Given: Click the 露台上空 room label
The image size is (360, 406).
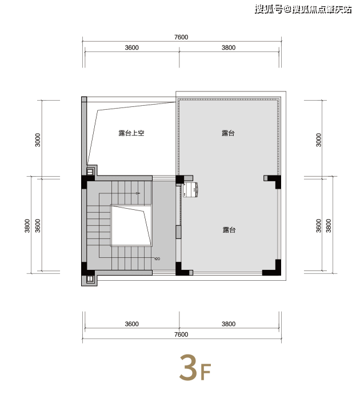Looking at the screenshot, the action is tap(131, 133).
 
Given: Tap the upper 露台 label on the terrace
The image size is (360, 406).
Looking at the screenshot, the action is tap(228, 133).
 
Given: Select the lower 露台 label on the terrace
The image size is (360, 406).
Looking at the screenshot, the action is tap(229, 230).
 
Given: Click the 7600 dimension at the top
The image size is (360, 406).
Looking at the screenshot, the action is tap(181, 37).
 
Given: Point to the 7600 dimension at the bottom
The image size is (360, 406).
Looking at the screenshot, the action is tap(181, 335).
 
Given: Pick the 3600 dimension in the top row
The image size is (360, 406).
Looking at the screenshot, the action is tap(132, 47).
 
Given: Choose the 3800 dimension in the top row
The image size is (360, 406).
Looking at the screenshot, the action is tap(229, 47).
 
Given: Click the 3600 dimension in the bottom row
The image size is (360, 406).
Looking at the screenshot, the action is tap(132, 324).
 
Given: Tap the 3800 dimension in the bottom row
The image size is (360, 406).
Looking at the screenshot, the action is tap(229, 324).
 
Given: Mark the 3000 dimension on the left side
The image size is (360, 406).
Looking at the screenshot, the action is tap(38, 140).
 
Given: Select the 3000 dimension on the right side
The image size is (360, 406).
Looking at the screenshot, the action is tap(319, 140).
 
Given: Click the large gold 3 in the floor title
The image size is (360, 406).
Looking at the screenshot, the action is tap(188, 368).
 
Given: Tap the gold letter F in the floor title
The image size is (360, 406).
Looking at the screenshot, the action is tap(206, 372).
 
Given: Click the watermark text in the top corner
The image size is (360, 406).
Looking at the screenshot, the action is tap(303, 9).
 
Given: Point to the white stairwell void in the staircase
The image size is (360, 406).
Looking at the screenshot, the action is tap(131, 225).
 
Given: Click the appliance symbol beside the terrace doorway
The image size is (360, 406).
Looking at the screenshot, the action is tap(190, 190).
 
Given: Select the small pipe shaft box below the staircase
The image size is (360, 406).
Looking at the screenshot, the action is tap(90, 279).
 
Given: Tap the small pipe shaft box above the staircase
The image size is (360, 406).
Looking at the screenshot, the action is tap(90, 172).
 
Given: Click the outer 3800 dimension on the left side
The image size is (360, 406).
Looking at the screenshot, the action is tap(27, 226).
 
